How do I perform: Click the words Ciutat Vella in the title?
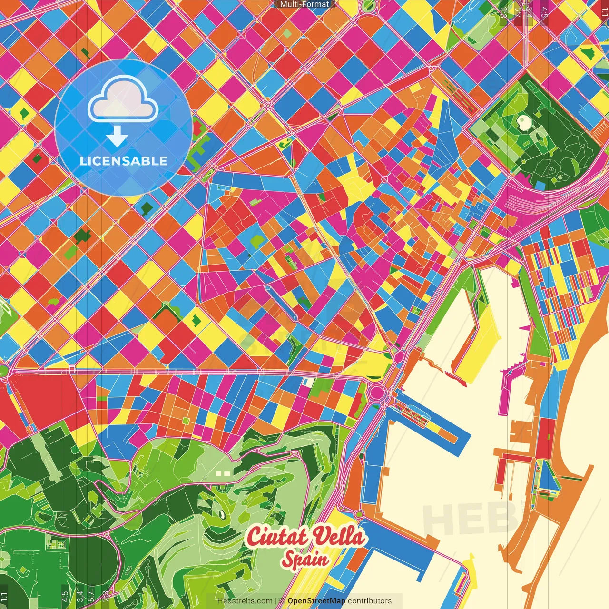(x=306, y=537)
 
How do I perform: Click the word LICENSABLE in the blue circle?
(x=124, y=161)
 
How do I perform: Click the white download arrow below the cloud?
(x=117, y=138)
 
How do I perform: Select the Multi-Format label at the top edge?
(x=304, y=4)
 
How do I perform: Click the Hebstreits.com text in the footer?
(x=245, y=601)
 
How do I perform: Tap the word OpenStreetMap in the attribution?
(x=316, y=601)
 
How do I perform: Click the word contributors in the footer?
(x=370, y=601)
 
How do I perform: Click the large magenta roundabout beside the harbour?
(x=377, y=393)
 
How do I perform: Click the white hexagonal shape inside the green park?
(x=525, y=123)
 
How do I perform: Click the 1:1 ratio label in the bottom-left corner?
(x=4, y=596)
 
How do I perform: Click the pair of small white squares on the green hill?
(x=223, y=473)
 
